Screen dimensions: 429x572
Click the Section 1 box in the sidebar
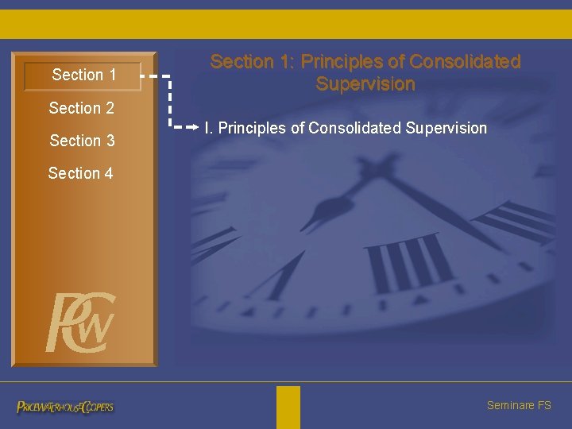(83, 75)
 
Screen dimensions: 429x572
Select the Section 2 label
(81, 108)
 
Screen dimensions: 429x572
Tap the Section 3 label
(82, 141)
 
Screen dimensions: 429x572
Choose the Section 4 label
(80, 173)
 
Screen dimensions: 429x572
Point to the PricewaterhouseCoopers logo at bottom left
(65, 407)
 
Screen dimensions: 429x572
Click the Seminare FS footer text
(518, 405)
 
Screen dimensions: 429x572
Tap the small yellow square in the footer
(288, 407)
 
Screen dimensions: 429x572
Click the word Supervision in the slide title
(365, 84)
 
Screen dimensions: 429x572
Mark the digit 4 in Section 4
(108, 173)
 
